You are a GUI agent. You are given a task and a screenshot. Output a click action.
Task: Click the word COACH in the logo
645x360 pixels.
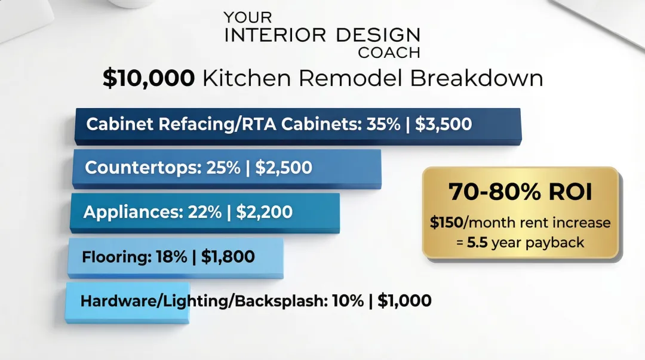(389, 53)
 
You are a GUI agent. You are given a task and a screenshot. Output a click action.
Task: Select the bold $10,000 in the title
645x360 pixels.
(148, 79)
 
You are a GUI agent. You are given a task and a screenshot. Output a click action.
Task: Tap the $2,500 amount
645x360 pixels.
(284, 168)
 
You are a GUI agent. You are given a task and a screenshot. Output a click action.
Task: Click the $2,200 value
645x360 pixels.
(265, 212)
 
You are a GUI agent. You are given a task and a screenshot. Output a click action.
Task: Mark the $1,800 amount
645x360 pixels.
(228, 257)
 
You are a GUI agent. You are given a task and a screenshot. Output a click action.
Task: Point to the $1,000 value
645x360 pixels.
(404, 301)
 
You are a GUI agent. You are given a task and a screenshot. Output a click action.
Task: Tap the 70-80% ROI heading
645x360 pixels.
(520, 192)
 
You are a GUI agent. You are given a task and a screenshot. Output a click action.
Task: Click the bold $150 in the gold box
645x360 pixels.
(446, 223)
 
